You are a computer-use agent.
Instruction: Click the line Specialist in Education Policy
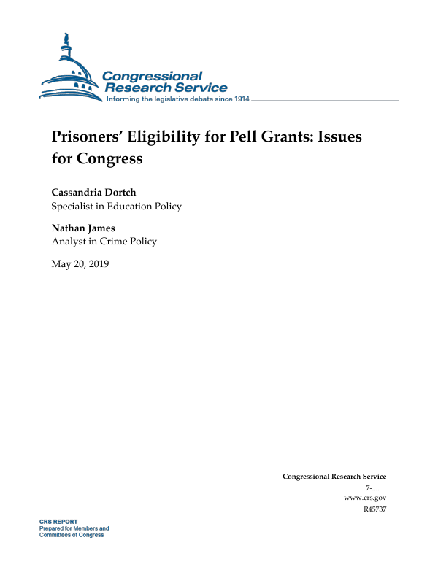pyautogui.click(x=116, y=207)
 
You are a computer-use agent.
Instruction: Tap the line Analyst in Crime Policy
pyautogui.click(x=104, y=242)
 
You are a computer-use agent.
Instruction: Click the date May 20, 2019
pyautogui.click(x=80, y=263)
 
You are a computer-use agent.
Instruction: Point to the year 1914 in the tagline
pyautogui.click(x=239, y=99)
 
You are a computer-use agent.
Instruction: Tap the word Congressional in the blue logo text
pyautogui.click(x=152, y=76)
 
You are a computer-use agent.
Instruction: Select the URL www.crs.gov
pyautogui.click(x=364, y=497)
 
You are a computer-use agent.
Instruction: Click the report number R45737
pyautogui.click(x=374, y=509)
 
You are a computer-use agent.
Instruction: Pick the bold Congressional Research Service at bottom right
pyautogui.click(x=334, y=477)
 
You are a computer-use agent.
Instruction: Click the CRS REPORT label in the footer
pyautogui.click(x=58, y=522)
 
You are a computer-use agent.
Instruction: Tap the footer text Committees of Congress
pyautogui.click(x=72, y=534)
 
